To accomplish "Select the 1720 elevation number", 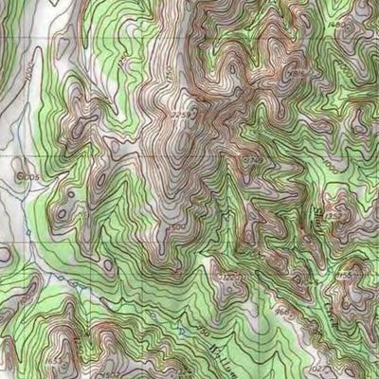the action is coord(252,163).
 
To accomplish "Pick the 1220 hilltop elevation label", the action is coord(229,276).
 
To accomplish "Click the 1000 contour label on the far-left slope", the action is coord(30,71).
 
